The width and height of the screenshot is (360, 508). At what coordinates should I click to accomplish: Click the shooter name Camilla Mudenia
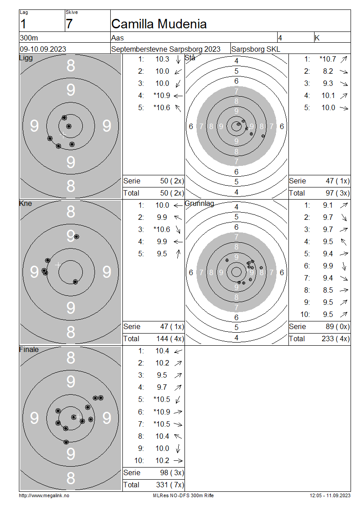[x=159, y=24]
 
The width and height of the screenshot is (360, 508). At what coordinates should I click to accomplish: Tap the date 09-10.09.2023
[x=43, y=49]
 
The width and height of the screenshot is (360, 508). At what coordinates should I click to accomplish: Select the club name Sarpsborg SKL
[x=256, y=49]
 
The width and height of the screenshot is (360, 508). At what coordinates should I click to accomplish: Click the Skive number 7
[x=69, y=24]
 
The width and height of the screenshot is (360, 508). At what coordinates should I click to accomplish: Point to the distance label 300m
[x=29, y=38]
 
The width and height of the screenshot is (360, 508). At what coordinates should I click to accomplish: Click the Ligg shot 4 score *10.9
[x=162, y=96]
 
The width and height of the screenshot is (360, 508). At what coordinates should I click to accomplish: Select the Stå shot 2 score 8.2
[x=328, y=71]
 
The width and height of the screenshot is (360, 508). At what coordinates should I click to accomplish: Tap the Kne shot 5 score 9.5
[x=162, y=254]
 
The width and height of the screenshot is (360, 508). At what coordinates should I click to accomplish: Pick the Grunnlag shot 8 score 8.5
[x=328, y=290]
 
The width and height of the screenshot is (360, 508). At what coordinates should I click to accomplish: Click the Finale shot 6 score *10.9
[x=162, y=412]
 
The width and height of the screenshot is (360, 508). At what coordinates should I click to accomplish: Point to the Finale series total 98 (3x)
[x=172, y=472]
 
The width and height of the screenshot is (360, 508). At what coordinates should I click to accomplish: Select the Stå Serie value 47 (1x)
[x=337, y=181]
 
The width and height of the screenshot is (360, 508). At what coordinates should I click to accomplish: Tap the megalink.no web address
[x=44, y=495]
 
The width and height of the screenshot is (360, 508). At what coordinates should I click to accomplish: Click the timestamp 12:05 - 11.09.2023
[x=330, y=495]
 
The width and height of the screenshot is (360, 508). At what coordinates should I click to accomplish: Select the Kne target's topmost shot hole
[x=76, y=236]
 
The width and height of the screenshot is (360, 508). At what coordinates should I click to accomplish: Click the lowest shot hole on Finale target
[x=66, y=442]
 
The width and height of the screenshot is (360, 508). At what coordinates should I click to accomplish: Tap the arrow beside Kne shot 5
[x=178, y=254]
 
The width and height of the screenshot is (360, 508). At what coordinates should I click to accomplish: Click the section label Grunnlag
[x=199, y=204]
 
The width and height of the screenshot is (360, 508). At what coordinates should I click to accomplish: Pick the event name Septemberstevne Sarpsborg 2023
[x=166, y=49]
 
